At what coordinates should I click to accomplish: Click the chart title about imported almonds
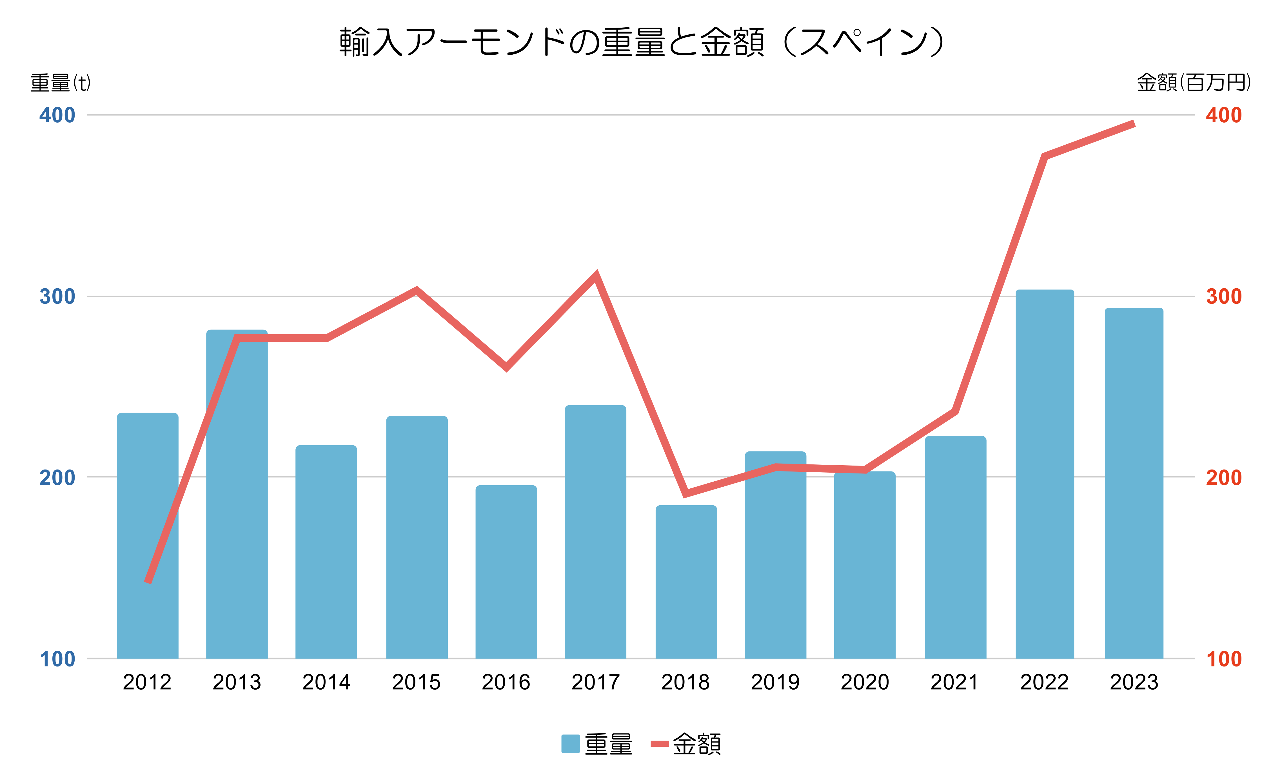641,42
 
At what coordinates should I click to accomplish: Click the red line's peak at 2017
596,275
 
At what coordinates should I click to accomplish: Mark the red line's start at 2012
148,581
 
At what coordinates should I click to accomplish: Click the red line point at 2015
417,290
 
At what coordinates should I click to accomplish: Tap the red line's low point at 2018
686,493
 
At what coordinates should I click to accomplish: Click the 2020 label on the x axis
865,682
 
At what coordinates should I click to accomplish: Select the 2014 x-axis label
326,682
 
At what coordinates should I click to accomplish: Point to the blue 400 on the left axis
57,115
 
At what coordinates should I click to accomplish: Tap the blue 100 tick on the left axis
57,659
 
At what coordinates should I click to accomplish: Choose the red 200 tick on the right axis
1224,477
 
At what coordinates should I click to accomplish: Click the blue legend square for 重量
570,743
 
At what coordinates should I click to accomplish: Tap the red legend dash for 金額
659,743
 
